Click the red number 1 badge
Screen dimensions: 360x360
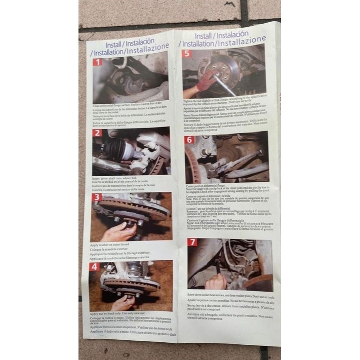(x=98, y=62)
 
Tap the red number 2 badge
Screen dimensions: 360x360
(x=97, y=133)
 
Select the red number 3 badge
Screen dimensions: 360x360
(x=96, y=198)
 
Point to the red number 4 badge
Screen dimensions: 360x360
(x=95, y=266)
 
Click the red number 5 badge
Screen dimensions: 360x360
(x=187, y=53)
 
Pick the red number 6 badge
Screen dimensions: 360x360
(x=189, y=140)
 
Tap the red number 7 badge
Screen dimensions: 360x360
(x=192, y=242)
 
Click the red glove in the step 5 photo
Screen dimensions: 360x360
(x=207, y=80)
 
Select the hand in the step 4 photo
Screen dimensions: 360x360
(x=124, y=302)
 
